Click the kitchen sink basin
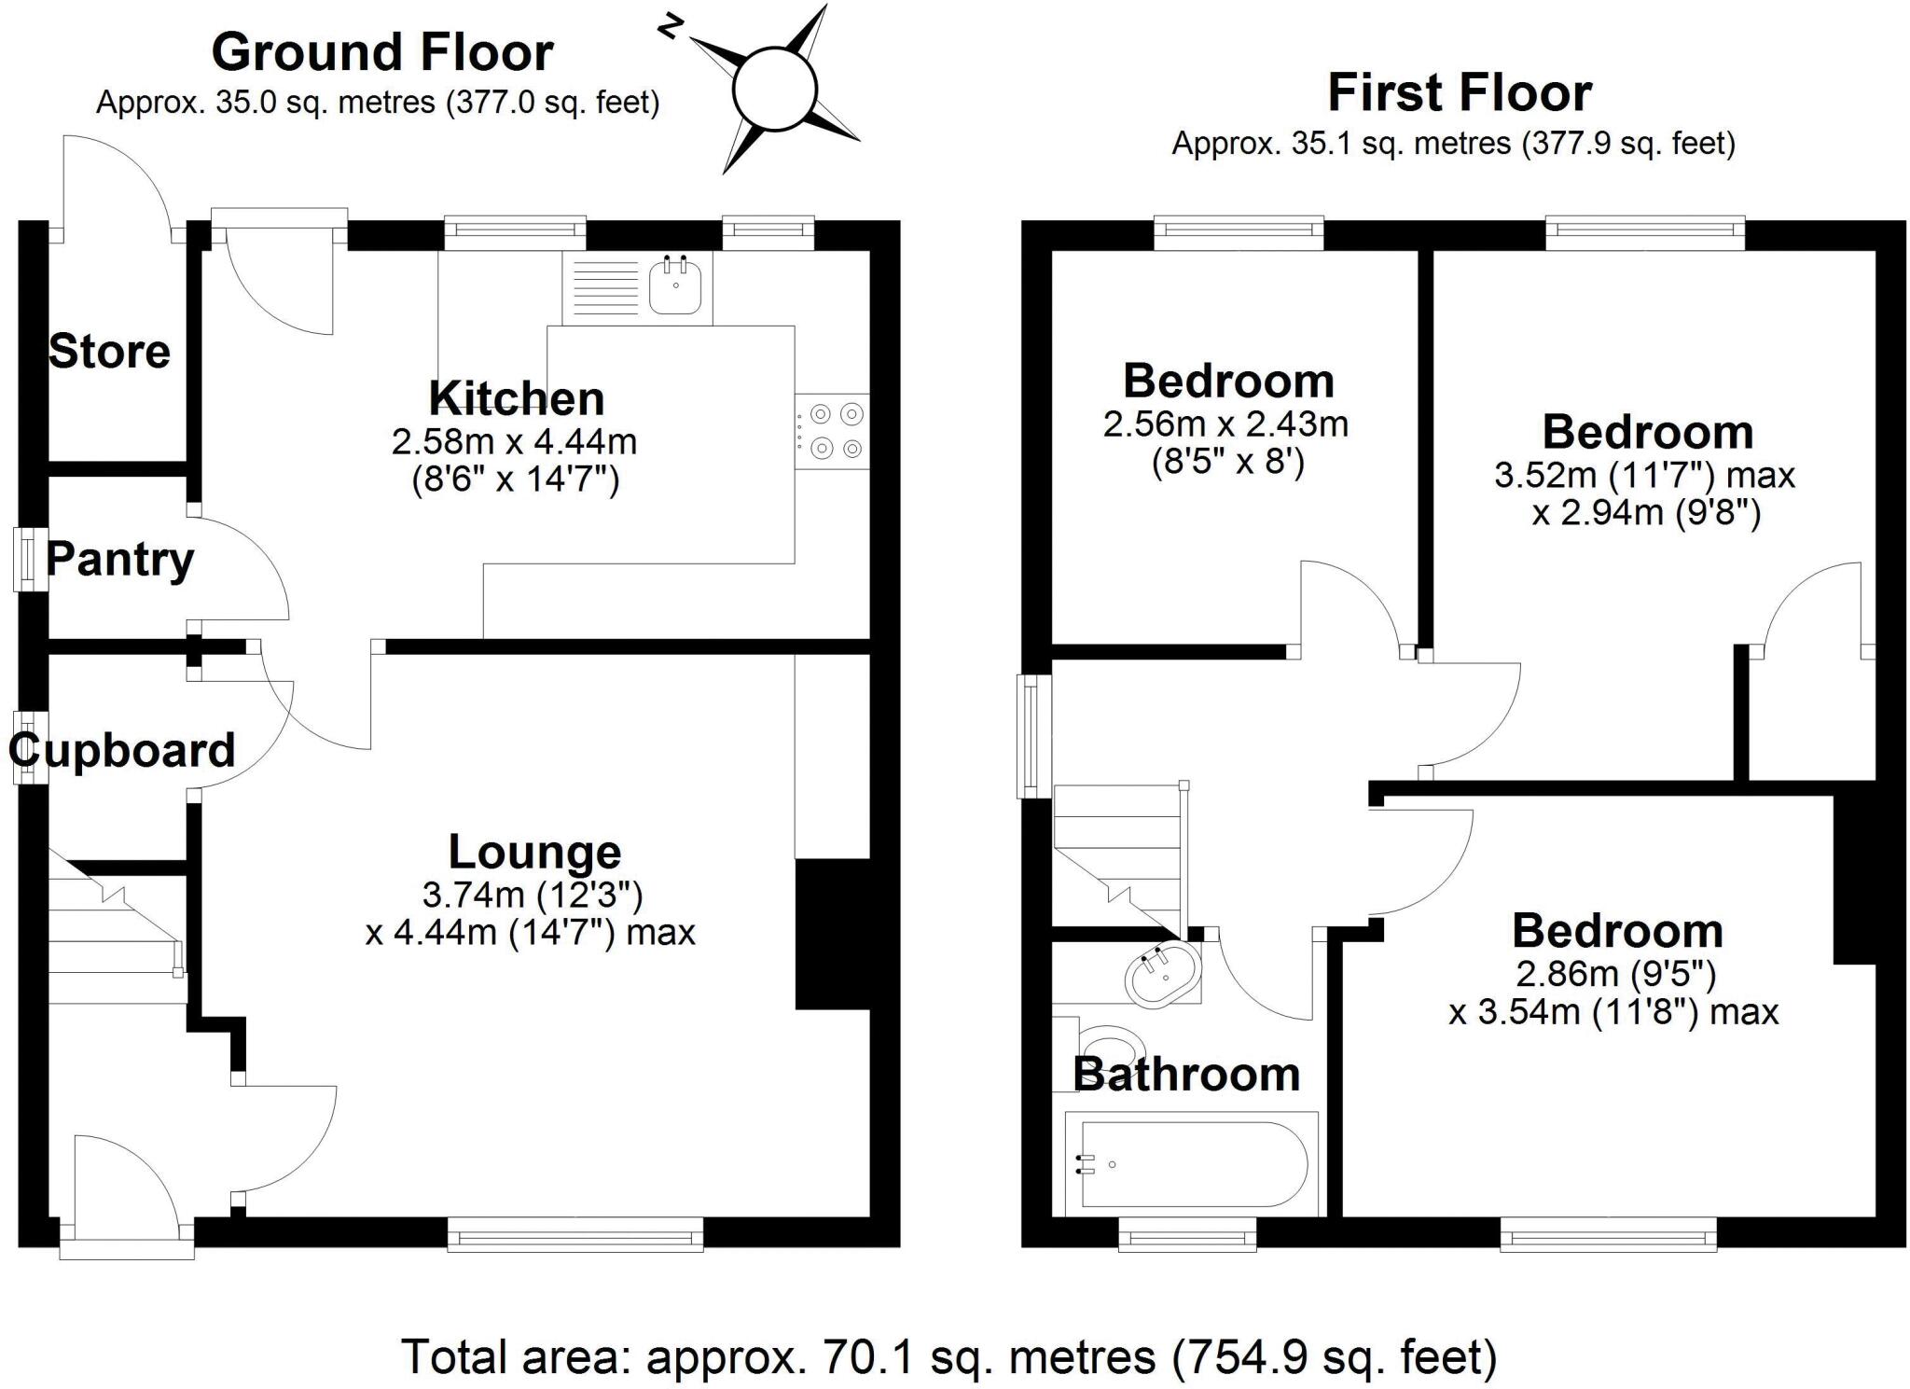click(x=675, y=285)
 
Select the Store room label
click(x=109, y=352)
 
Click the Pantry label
click(x=120, y=560)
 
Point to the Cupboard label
click(x=122, y=750)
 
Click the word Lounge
click(x=534, y=852)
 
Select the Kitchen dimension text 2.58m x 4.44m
click(x=515, y=441)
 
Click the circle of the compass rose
click(x=774, y=90)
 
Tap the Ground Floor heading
click(x=382, y=52)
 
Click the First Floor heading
click(x=1460, y=93)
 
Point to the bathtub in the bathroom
click(x=1192, y=1164)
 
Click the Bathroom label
click(x=1186, y=1075)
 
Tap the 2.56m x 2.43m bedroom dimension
click(x=1225, y=424)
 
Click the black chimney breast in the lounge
click(x=832, y=933)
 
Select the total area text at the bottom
click(x=948, y=1357)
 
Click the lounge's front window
click(x=575, y=1233)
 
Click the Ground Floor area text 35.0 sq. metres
click(x=378, y=103)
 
